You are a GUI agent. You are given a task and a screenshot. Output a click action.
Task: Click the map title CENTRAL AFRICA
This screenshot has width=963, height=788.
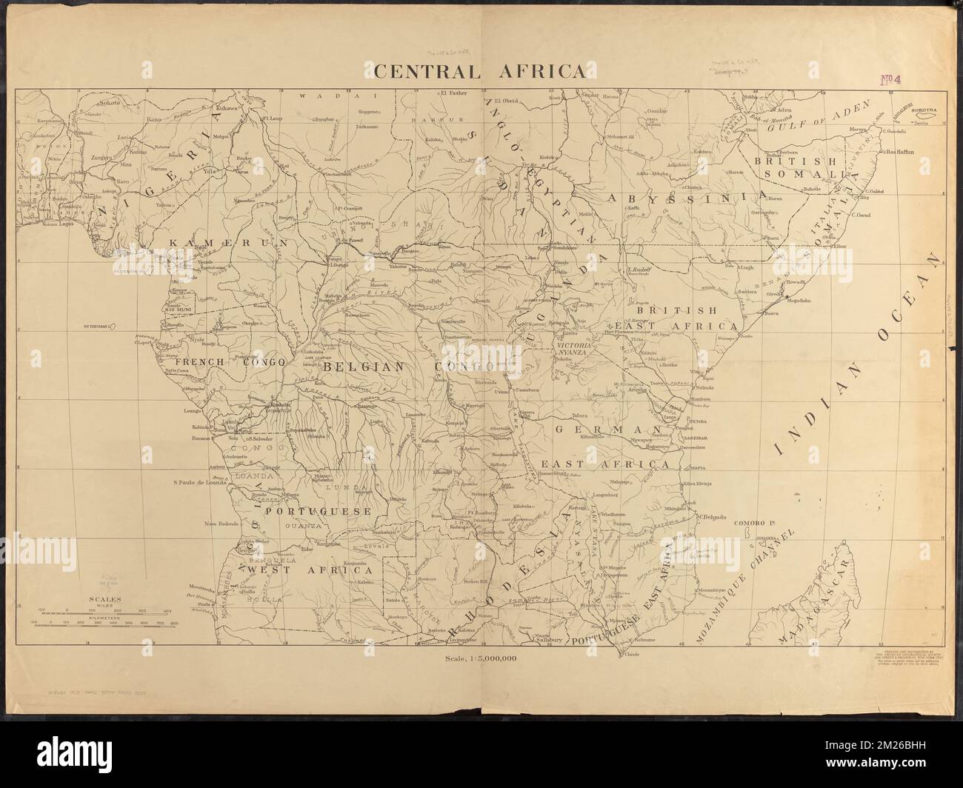coord(479,71)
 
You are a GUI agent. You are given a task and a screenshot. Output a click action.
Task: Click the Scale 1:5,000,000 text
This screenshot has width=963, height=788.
coord(481,658)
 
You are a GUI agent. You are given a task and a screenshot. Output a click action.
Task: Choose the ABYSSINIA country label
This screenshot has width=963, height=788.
coord(684,198)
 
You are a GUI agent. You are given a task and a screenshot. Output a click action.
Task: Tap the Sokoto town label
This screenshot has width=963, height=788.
coord(110,103)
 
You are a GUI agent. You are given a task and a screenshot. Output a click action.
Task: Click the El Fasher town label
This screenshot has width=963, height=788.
coord(453,93)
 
